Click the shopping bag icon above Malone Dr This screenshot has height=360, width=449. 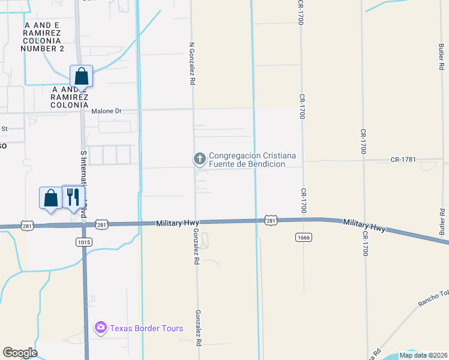[x=82, y=77]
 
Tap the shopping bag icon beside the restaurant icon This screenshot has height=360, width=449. [x=50, y=197]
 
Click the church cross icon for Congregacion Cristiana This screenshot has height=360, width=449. [x=199, y=159]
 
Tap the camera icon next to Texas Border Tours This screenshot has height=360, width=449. [x=101, y=328]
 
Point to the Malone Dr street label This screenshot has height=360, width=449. [x=106, y=111]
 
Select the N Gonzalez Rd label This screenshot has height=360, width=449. [x=192, y=62]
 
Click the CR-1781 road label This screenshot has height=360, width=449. [x=403, y=160]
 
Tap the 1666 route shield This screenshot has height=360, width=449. [x=303, y=238]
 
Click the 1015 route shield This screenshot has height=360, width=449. [x=83, y=241]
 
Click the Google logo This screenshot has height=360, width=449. [x=20, y=353]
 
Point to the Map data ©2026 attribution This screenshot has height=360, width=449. [x=423, y=355]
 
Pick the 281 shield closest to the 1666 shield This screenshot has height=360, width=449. [x=271, y=221]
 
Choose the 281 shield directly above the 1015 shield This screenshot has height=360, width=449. [x=102, y=224]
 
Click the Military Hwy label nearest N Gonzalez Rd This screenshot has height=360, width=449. [x=176, y=223]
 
